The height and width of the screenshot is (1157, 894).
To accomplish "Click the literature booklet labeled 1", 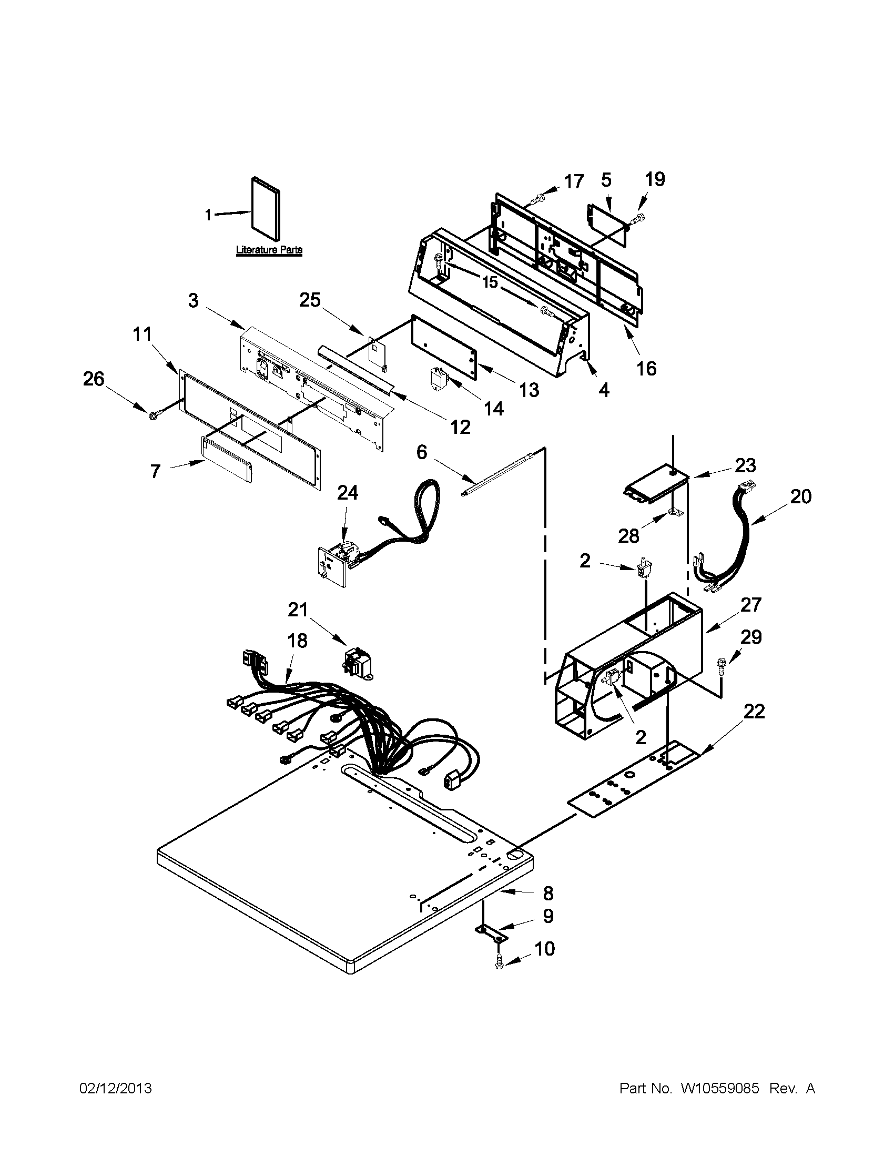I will pos(267,208).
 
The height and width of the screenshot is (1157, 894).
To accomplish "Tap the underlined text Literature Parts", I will pos(269,249).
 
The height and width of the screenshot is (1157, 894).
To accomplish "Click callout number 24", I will pos(348,493).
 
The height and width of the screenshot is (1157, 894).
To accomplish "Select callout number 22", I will pos(754,711).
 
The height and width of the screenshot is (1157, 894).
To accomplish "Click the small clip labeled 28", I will pos(673,512).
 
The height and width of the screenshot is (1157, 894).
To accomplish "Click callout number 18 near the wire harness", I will pos(298,641).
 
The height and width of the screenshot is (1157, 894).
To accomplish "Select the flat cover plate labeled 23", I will pos(654,481).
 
